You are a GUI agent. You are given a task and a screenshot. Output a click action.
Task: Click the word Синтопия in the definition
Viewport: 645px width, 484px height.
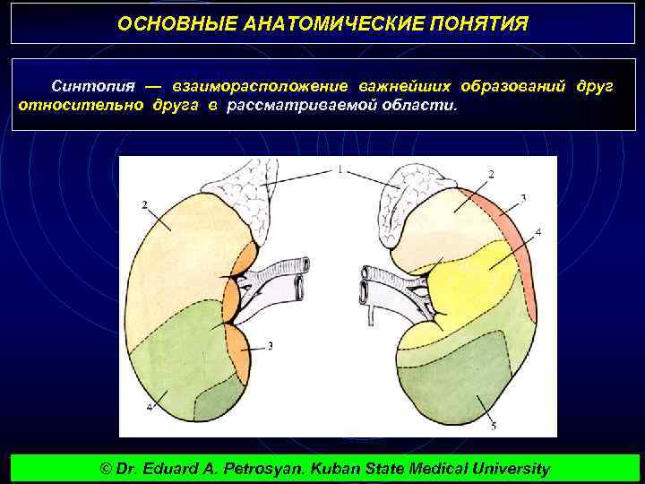pos(93,86)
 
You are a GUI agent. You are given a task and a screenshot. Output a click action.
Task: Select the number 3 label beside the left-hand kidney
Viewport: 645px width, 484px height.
pos(270,346)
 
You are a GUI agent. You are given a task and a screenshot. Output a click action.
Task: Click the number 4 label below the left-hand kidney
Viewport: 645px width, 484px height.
pos(150,407)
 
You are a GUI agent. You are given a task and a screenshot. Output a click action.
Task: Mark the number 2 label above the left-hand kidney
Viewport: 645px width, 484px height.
pos(144,204)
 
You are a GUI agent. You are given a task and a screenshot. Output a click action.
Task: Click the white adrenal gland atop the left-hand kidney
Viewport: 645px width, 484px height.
pos(245,202)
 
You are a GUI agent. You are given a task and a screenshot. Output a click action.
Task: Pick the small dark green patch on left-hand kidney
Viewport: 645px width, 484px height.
pos(215,399)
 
